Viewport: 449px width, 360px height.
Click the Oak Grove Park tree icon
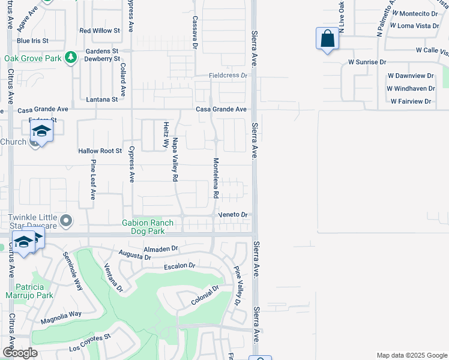[71, 58]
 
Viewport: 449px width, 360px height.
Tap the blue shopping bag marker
[327, 39]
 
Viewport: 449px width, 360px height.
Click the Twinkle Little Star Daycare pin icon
[67, 221]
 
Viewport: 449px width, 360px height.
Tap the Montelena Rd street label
[215, 179]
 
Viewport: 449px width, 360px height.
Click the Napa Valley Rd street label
[175, 160]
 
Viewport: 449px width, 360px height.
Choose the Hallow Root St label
[100, 151]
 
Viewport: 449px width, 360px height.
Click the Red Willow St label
[100, 30]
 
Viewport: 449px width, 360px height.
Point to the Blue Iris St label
[32, 41]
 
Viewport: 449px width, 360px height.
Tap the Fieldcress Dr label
[228, 76]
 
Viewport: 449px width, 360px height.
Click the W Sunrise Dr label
[367, 62]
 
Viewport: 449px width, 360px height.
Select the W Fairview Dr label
[411, 101]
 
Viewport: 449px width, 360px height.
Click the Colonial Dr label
[205, 294]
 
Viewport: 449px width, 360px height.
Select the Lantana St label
[101, 99]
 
